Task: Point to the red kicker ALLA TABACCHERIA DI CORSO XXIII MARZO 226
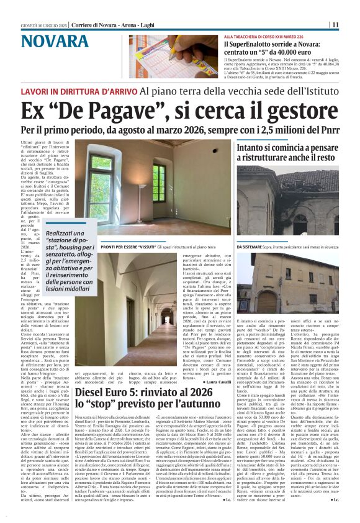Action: [x=268, y=37]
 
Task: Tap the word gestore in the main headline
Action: [x=293, y=111]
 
